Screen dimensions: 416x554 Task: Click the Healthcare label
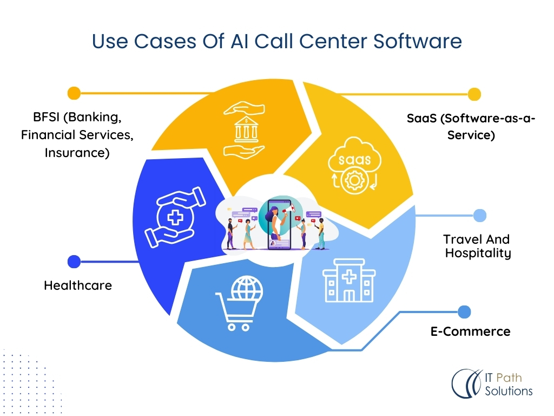click(x=78, y=285)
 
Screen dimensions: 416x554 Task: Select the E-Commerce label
click(x=470, y=331)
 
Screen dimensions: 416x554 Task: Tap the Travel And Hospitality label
click(x=477, y=246)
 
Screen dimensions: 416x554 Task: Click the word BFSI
click(x=42, y=118)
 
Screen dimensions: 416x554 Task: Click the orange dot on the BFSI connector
click(x=74, y=93)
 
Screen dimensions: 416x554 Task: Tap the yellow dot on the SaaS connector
click(x=474, y=94)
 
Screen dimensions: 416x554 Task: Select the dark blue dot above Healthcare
click(x=74, y=262)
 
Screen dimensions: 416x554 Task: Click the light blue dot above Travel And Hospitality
click(x=480, y=216)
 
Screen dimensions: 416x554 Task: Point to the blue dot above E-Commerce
click(x=464, y=312)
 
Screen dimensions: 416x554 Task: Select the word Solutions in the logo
click(x=508, y=391)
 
